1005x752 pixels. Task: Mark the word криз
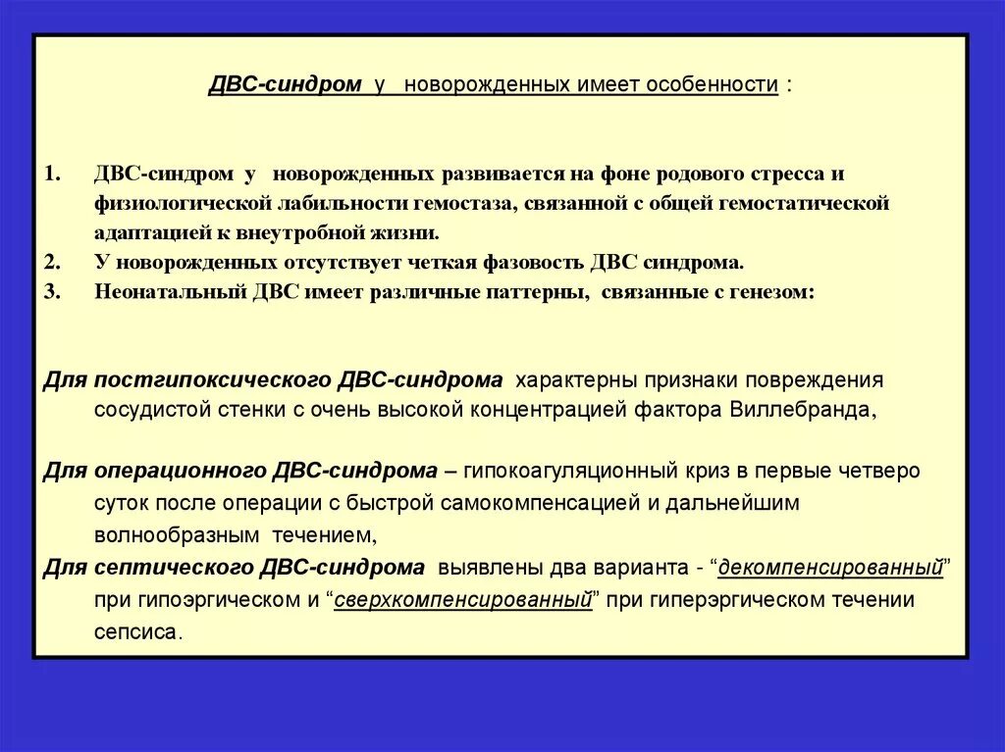pyautogui.click(x=714, y=471)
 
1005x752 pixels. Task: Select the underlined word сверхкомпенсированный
pyautogui.click(x=463, y=600)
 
